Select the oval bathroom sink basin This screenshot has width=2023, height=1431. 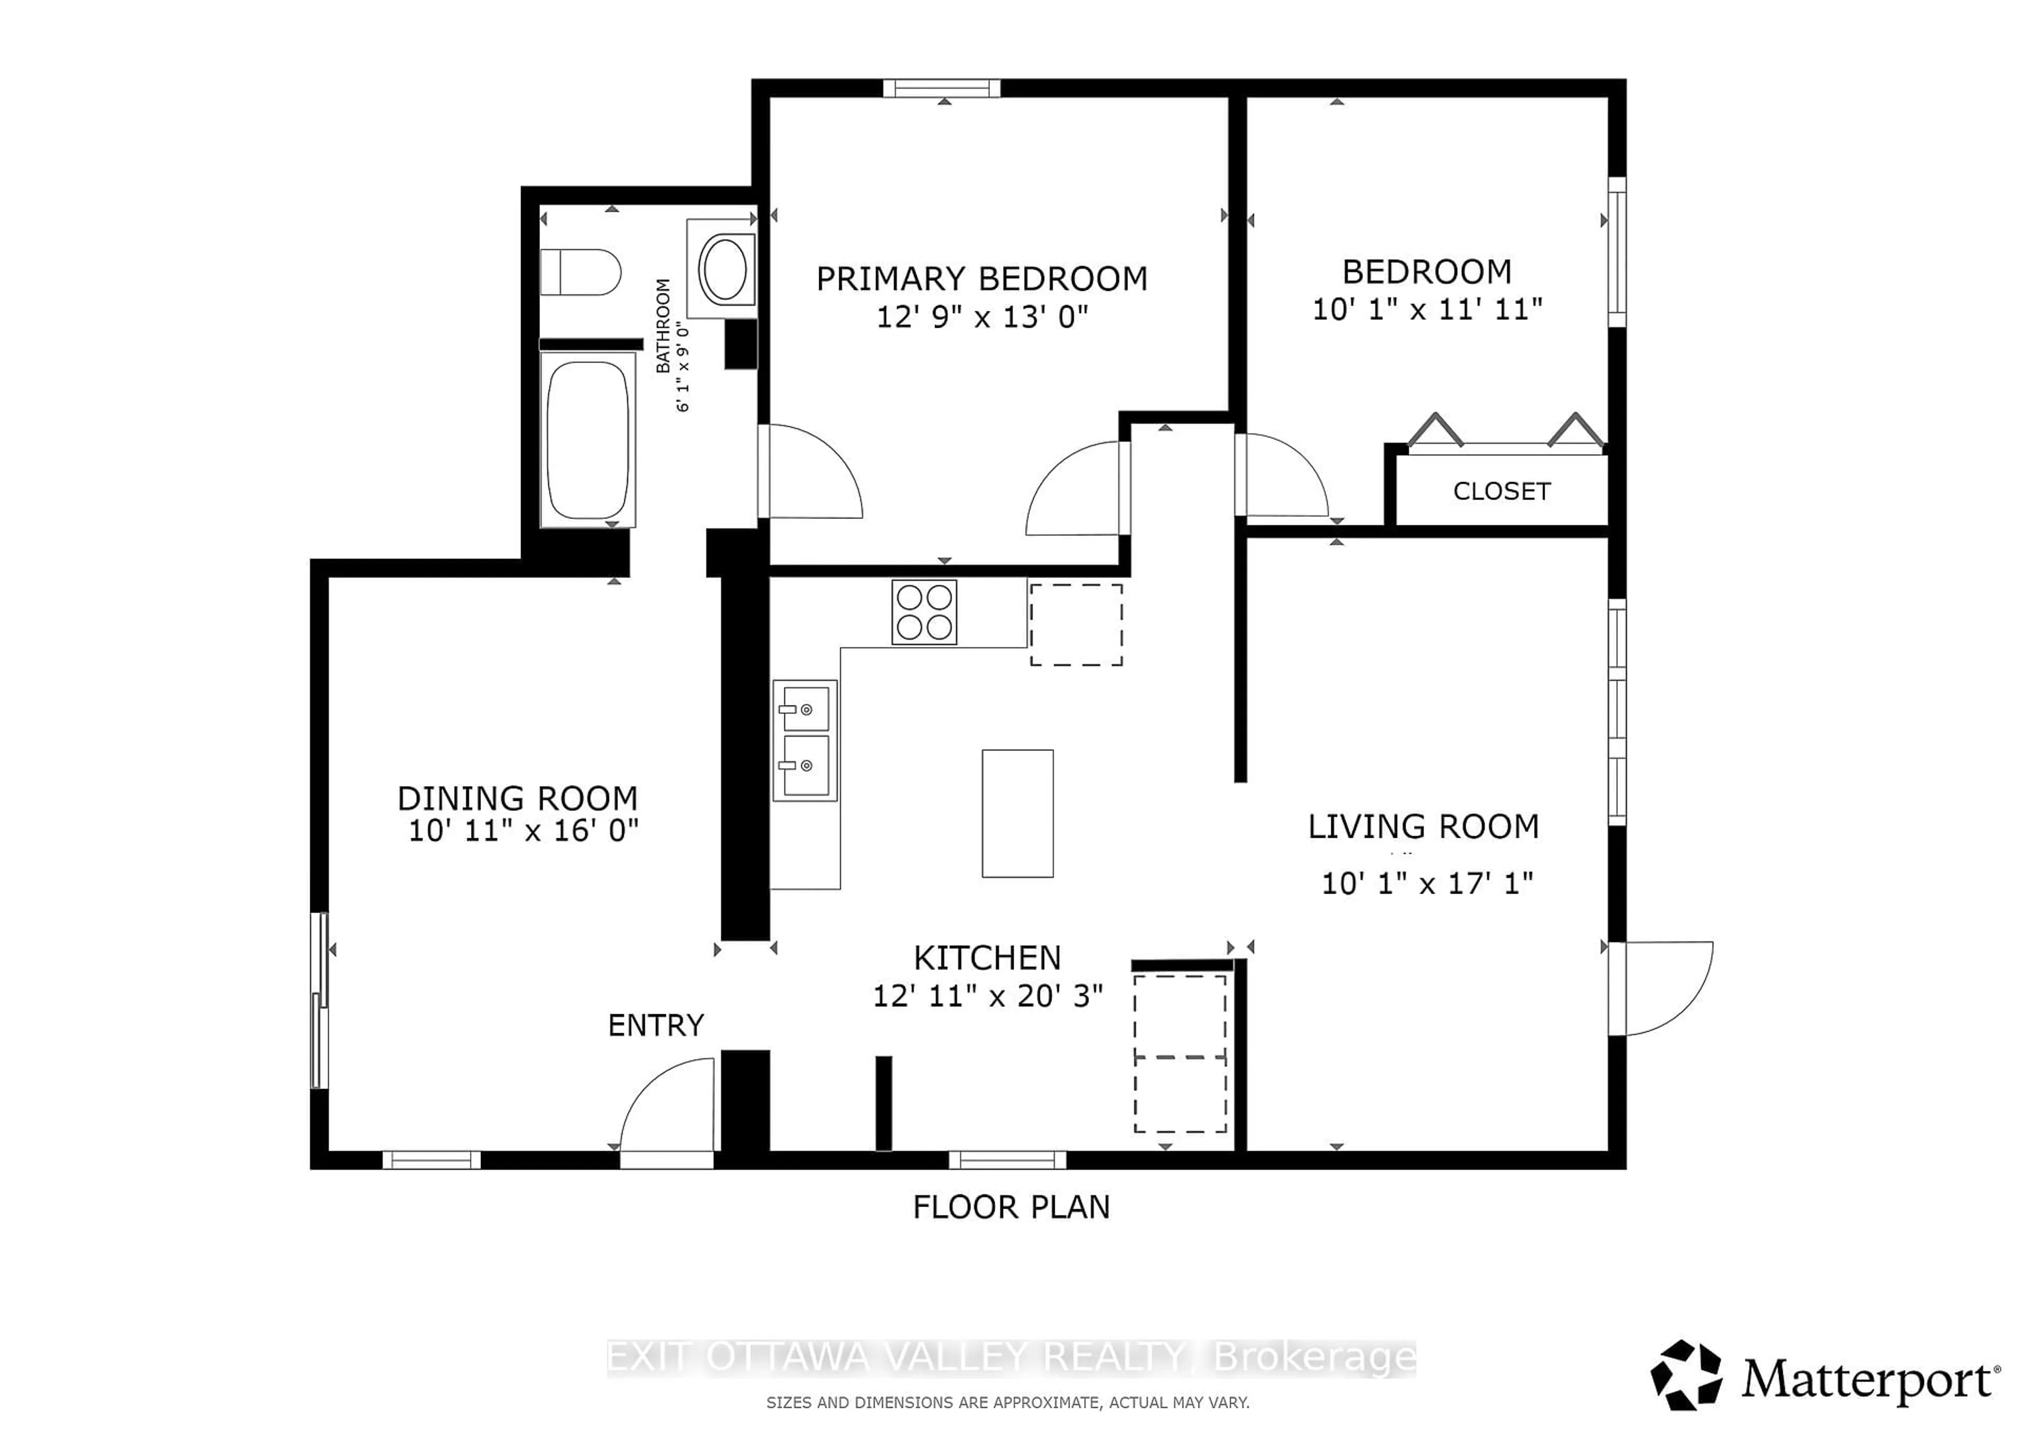(725, 268)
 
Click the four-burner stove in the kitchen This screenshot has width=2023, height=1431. (924, 612)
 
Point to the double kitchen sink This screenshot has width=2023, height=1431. (804, 740)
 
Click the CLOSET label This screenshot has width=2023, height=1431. (1501, 492)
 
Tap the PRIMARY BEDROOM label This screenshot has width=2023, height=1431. (981, 279)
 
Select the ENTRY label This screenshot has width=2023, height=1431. (655, 1025)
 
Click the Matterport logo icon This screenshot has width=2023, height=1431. (1685, 1376)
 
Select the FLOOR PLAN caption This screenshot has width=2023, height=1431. (1010, 1207)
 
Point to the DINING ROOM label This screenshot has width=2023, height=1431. (517, 798)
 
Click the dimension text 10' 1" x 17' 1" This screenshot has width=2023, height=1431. (1427, 884)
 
